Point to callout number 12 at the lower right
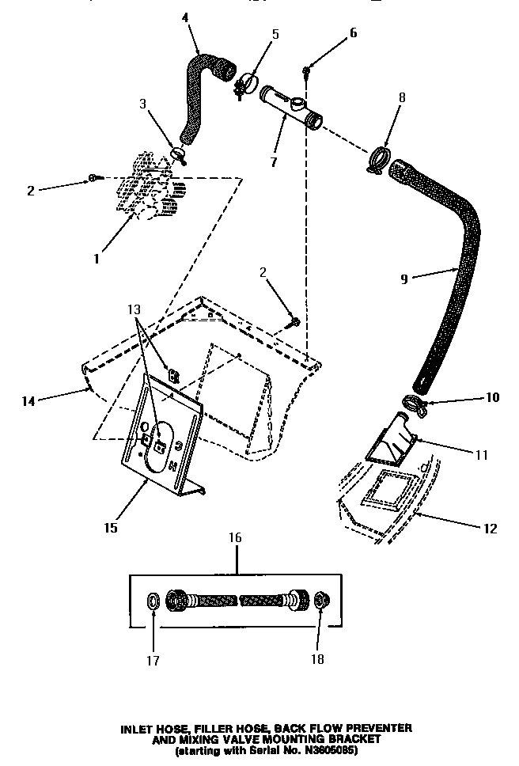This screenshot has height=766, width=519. tap(491, 528)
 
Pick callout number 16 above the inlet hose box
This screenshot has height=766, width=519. tap(236, 537)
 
